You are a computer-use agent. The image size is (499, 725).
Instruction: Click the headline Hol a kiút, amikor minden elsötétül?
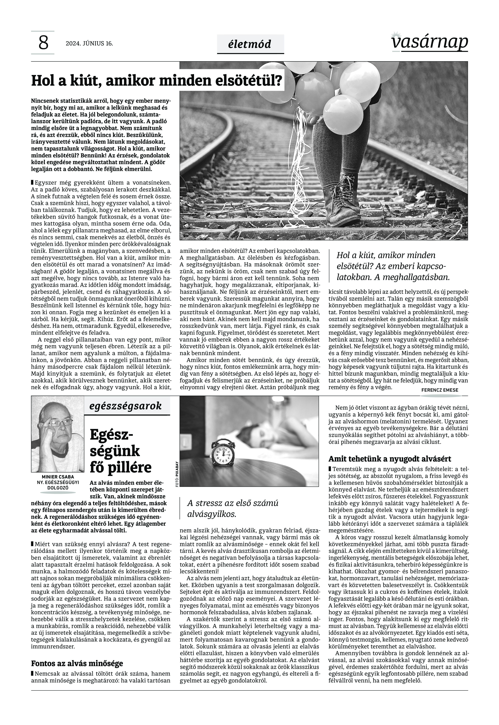point(156,81)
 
